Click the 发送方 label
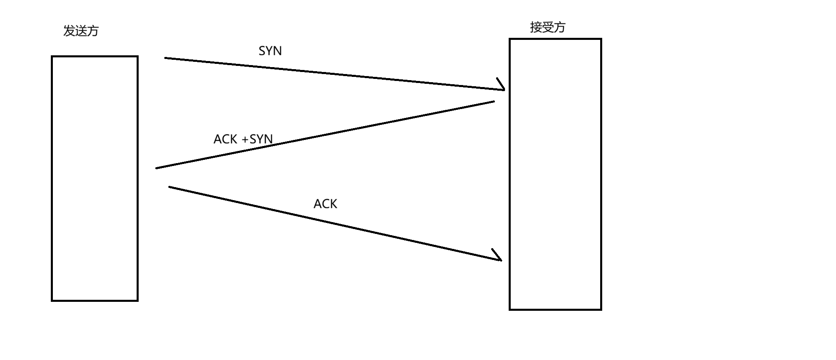click(81, 31)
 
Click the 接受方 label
click(548, 27)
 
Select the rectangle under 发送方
click(95, 179)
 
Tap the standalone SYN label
click(270, 51)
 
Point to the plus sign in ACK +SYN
click(245, 140)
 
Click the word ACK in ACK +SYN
click(225, 139)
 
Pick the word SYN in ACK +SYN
click(261, 139)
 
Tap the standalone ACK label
click(325, 204)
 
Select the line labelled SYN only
click(333, 74)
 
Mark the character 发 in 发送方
click(70, 31)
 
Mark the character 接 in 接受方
click(536, 27)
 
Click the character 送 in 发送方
click(81, 31)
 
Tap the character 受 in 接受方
click(548, 27)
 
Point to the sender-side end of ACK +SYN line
click(157, 168)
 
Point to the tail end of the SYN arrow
click(166, 58)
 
